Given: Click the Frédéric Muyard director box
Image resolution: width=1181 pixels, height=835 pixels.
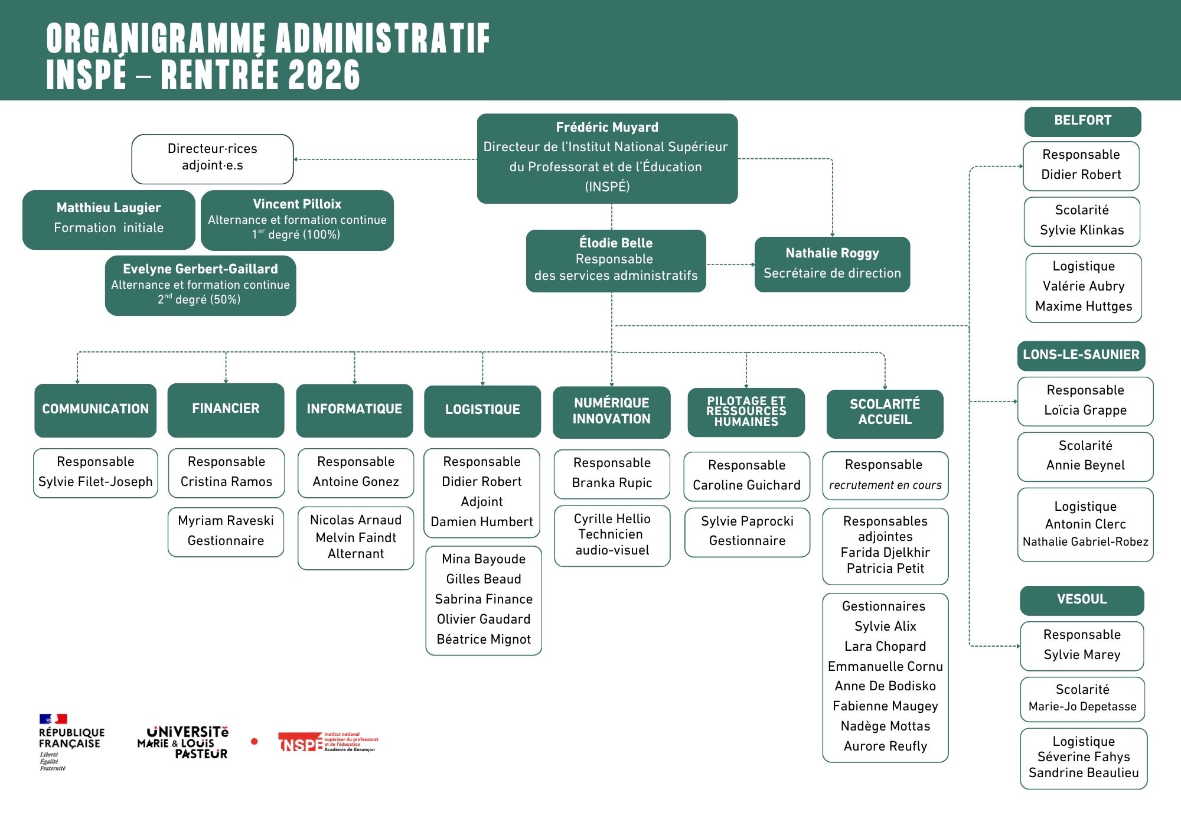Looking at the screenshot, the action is point(607,158).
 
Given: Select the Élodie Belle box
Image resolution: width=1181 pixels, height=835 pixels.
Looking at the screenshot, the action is point(616,261).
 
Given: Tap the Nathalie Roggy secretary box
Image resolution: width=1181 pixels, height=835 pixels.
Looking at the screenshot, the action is point(832,264).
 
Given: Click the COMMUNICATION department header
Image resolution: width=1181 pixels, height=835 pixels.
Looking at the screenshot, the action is point(96,410).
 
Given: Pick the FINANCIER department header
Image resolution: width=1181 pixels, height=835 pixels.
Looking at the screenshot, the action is point(226,409).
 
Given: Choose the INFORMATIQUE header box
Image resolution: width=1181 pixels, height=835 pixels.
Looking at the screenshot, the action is point(354,410).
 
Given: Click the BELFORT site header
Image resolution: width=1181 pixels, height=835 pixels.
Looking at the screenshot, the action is point(1082,121).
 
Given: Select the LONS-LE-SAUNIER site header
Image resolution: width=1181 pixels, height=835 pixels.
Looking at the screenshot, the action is point(1081,355).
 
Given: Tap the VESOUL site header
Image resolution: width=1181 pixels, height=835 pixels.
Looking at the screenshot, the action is point(1082,600).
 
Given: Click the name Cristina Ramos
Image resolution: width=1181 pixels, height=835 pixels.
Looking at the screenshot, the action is point(226,482).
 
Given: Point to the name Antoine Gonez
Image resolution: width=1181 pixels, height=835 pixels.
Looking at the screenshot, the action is point(355,482).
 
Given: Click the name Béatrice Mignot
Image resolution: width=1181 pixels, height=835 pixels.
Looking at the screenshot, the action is point(484,640).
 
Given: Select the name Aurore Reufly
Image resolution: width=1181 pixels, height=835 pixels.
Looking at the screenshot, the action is point(885,746).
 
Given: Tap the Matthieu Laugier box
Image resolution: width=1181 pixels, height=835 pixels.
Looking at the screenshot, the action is point(109,220).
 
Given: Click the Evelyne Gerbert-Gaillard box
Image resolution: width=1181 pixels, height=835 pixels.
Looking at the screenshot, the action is point(200,285).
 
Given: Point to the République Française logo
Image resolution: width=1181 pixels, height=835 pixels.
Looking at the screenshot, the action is point(70,742).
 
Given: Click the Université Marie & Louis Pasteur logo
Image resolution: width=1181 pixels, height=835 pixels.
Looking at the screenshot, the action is point(183,742).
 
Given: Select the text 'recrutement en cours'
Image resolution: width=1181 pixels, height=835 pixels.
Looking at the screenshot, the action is point(885,485).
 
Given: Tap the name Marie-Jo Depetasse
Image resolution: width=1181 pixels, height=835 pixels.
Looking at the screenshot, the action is point(1082,707).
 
